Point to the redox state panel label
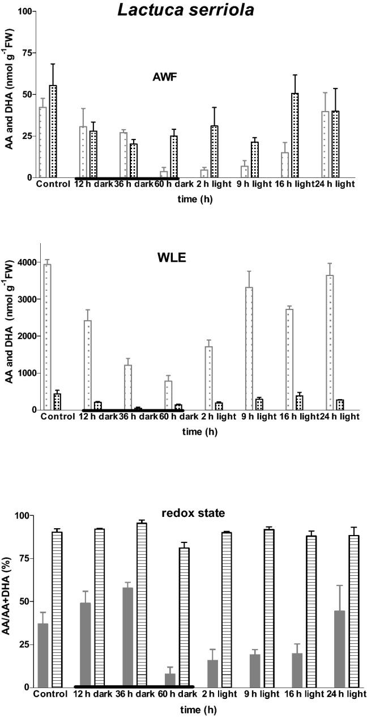click(x=186, y=513)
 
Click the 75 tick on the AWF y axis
click(x=25, y=53)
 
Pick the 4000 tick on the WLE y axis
click(x=24, y=262)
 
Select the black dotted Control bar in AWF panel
click(x=53, y=131)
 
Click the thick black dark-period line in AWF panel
click(x=127, y=179)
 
